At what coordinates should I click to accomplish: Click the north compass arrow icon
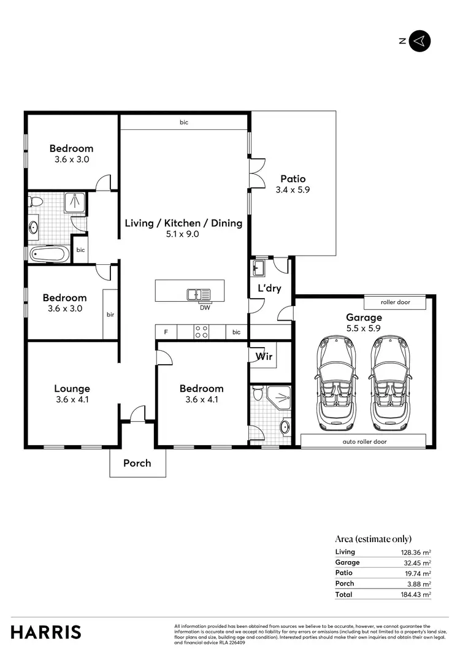[x=420, y=41]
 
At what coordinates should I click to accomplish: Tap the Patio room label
[x=293, y=179]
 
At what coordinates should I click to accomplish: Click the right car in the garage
[x=389, y=384]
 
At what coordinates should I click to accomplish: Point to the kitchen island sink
[x=198, y=294]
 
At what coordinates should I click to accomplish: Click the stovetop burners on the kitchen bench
[x=201, y=332]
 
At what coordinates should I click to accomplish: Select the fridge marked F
[x=165, y=332]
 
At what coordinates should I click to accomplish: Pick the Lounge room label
[x=72, y=388]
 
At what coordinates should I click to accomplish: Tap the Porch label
[x=137, y=463]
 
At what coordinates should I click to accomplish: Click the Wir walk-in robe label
[x=264, y=356]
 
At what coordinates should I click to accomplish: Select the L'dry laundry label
[x=269, y=288]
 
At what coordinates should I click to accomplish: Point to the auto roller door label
[x=364, y=441]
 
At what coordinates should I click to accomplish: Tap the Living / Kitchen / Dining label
[x=183, y=223]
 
